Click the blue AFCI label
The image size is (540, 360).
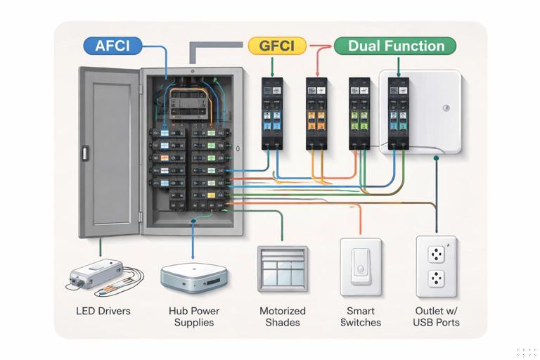[x=112, y=46]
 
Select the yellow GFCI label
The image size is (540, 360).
[x=277, y=46]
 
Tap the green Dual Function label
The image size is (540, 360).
[x=395, y=46]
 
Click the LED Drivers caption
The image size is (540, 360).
[x=103, y=311]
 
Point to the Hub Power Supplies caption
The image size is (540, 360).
[x=194, y=316]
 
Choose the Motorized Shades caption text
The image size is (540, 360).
[x=283, y=316]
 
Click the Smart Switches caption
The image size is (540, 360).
[x=361, y=316]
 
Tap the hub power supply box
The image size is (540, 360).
[x=193, y=277]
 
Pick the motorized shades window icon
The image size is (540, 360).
[x=283, y=268]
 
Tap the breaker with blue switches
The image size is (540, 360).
[x=271, y=112]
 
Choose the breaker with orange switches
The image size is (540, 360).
[x=315, y=112]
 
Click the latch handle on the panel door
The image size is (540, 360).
[x=84, y=153]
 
